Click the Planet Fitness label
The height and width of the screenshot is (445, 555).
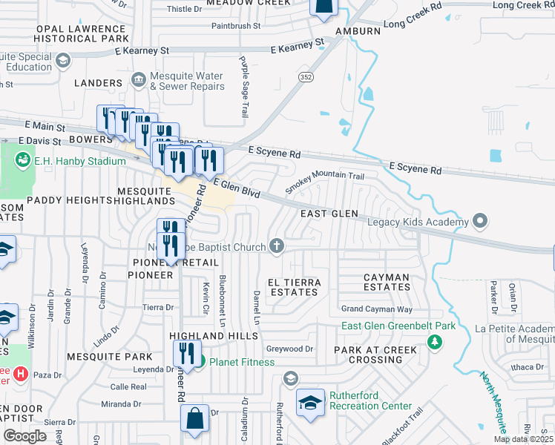coord(241,362)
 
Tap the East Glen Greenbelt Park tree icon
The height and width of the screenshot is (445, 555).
coord(434,341)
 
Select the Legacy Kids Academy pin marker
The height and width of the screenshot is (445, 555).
coord(479,221)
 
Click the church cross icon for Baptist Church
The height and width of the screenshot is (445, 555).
coord(277,245)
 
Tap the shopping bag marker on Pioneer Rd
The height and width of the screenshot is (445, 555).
coord(194,418)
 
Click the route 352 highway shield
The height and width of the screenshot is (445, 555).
coord(305,76)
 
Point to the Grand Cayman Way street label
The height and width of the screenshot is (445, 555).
coord(376,309)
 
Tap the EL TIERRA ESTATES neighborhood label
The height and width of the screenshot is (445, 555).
coord(294,287)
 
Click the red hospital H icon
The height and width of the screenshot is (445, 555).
coord(21,374)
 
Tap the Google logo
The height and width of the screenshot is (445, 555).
coord(24,436)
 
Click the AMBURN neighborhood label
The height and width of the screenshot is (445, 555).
coord(358,31)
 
